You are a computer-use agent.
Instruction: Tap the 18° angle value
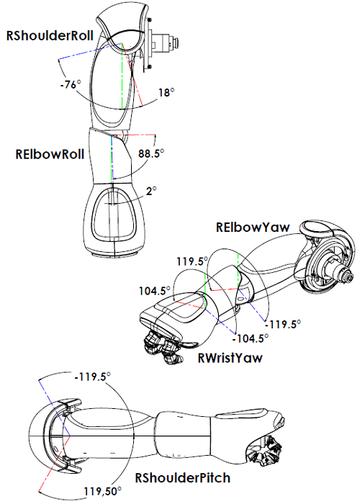click(166, 92)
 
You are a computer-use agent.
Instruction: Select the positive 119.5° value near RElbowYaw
click(192, 262)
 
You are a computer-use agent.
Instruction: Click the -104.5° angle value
click(251, 337)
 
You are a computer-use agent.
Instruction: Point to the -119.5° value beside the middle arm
click(283, 323)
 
